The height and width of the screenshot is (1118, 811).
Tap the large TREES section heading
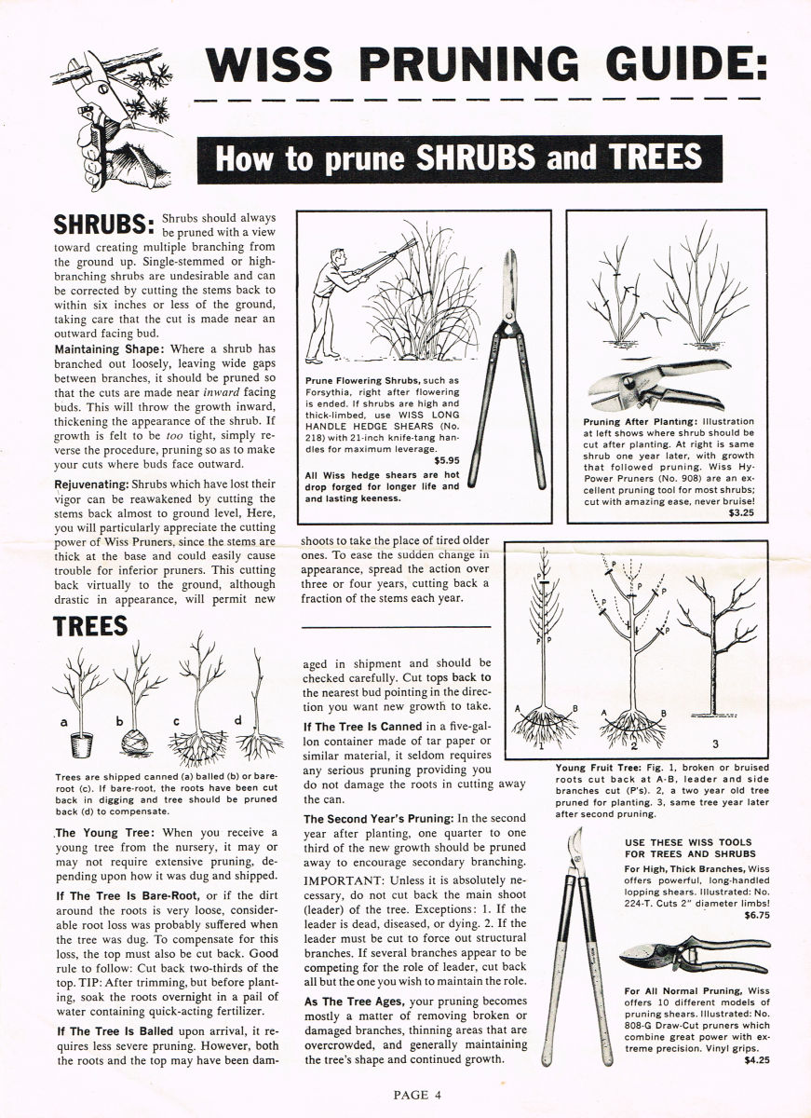(x=90, y=626)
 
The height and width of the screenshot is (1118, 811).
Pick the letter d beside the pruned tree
(x=238, y=719)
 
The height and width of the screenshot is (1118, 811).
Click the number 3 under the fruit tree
(x=715, y=744)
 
